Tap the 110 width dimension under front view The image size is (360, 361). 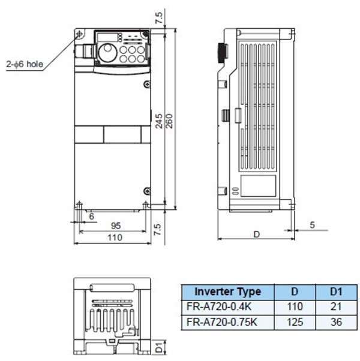coord(114,237)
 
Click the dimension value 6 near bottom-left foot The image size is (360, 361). coord(91,215)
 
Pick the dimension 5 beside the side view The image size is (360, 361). coord(313,225)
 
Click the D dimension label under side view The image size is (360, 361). coord(256,234)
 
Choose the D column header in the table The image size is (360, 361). coord(295,292)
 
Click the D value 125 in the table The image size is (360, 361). coord(295,321)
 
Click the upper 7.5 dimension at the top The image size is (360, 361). coord(158,16)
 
